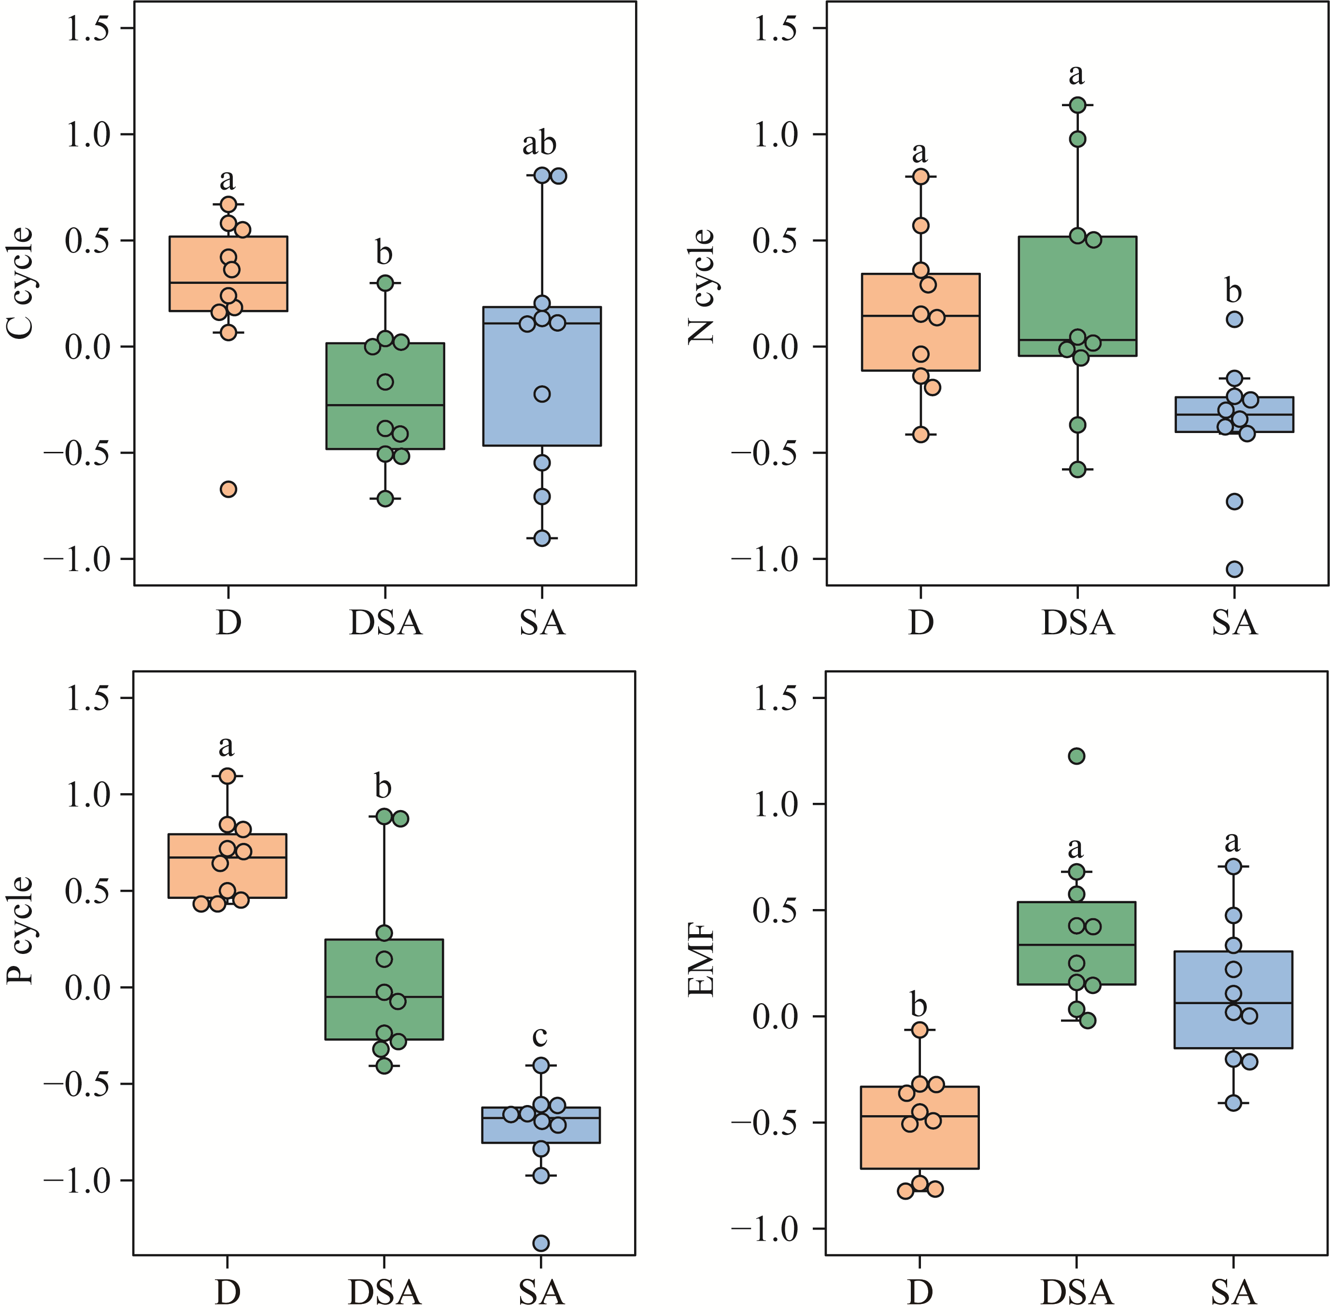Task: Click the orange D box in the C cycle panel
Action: (228, 273)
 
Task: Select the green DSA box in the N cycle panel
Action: (1077, 296)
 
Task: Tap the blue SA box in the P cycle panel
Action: (540, 1125)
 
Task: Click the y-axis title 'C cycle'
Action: (21, 283)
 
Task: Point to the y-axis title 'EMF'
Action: (702, 962)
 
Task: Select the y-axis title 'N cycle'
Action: (702, 286)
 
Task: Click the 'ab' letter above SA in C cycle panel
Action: (539, 143)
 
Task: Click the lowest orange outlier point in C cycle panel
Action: (228, 489)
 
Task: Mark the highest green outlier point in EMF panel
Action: (1076, 756)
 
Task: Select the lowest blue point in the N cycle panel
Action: (1234, 569)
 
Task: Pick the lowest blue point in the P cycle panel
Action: (541, 1243)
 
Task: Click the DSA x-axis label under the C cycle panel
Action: (385, 623)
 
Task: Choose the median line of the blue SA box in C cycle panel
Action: (542, 323)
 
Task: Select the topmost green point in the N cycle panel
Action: (1078, 105)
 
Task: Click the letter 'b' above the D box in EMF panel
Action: (919, 1006)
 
